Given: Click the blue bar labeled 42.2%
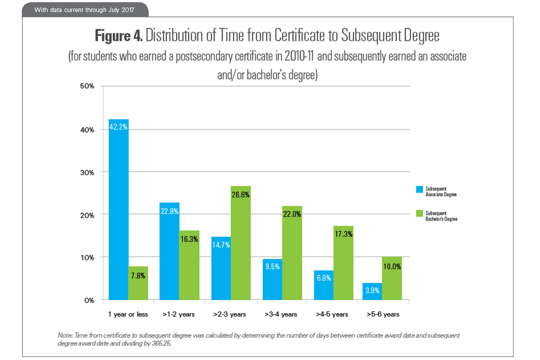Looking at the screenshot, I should point(118,209).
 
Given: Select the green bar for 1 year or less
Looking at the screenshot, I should point(138,283).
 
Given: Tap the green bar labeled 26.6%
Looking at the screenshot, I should point(241,242).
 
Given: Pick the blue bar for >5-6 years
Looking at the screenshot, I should point(372,291).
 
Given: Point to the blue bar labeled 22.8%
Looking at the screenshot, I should point(169,251).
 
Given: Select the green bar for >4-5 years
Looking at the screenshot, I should point(343,263).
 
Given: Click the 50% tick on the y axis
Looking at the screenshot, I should point(87,86).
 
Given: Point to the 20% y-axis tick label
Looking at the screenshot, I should point(87,215).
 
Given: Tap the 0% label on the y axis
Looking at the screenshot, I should point(89,300).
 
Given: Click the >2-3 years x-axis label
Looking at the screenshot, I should point(230,314).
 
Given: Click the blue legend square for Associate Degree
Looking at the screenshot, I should point(419,190).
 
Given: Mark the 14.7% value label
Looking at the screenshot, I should point(221,244).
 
